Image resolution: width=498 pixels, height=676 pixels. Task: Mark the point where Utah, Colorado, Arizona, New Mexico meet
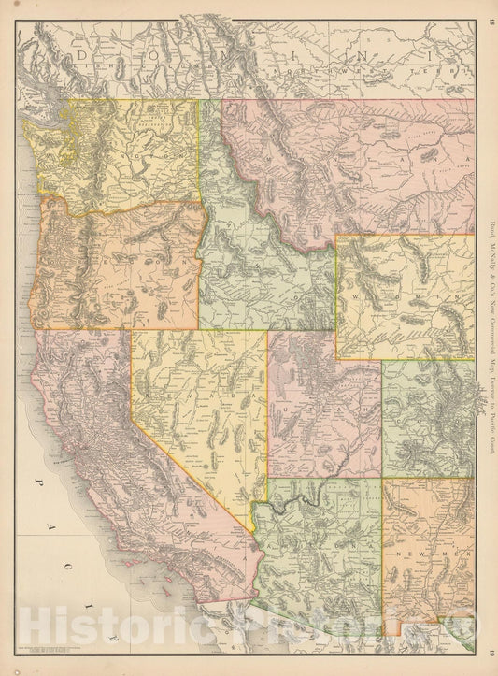(382, 479)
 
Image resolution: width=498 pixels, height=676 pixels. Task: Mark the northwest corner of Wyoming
(337, 235)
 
